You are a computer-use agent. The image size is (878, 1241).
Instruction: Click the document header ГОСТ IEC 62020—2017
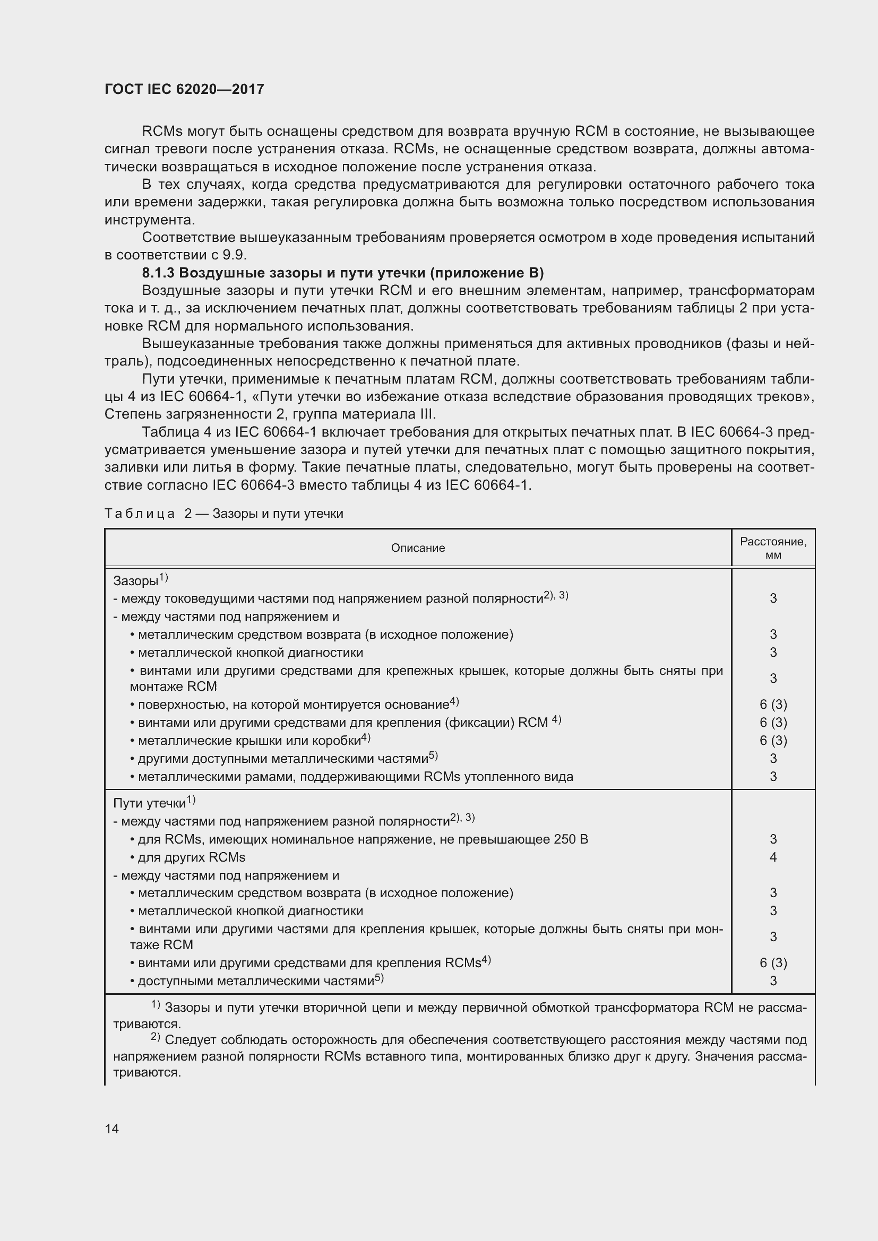click(x=184, y=89)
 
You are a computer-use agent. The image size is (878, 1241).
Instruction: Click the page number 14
click(x=112, y=1129)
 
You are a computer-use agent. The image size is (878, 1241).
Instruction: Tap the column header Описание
click(x=418, y=548)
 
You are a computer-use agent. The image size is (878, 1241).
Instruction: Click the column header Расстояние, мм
click(x=773, y=548)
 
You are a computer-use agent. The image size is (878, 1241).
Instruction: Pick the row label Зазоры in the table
click(x=136, y=581)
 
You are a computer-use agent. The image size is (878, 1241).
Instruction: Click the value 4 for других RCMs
click(x=773, y=857)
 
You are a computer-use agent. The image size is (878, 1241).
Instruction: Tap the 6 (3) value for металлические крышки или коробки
click(x=773, y=741)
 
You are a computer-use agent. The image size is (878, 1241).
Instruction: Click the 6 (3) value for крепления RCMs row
click(x=773, y=962)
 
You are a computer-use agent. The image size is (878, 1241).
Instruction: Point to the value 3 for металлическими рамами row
click(x=773, y=777)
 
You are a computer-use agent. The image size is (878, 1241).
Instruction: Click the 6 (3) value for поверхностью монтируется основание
click(x=773, y=705)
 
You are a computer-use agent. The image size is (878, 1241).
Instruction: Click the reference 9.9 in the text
click(x=235, y=255)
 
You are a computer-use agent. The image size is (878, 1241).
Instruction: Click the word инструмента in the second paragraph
click(x=149, y=220)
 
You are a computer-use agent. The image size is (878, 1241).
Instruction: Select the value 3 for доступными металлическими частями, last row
click(x=773, y=980)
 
